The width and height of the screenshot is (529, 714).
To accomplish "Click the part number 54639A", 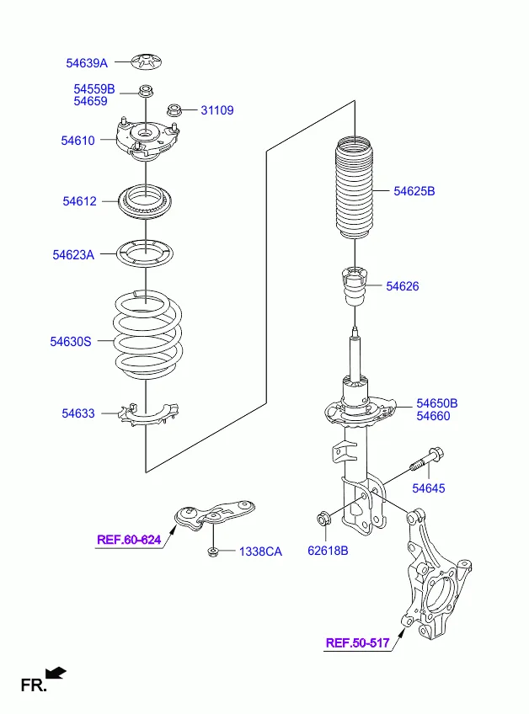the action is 87,63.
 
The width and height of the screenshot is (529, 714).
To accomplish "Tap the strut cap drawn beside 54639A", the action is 147,62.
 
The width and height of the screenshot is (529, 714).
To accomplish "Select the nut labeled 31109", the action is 174,109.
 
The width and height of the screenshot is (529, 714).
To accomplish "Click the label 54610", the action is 77,141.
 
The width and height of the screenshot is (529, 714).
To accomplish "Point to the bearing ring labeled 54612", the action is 146,201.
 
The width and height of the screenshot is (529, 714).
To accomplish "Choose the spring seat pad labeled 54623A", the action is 146,253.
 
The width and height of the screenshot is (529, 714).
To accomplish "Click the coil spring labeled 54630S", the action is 147,335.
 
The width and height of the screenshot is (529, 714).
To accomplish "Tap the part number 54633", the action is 78,413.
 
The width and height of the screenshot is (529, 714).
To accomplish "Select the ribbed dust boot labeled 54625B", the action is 355,187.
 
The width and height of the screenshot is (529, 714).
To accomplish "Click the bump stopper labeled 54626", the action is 355,286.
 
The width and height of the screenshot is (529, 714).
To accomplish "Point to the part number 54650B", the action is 437,403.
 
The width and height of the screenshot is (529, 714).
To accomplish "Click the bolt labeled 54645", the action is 427,461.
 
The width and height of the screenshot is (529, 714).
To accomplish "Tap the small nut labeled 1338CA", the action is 212,551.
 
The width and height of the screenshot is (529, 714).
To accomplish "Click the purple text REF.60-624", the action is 129,540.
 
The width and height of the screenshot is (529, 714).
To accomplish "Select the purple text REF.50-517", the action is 358,643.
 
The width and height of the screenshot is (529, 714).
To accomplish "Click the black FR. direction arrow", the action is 56,673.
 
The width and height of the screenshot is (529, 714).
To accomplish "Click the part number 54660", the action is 433,416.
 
